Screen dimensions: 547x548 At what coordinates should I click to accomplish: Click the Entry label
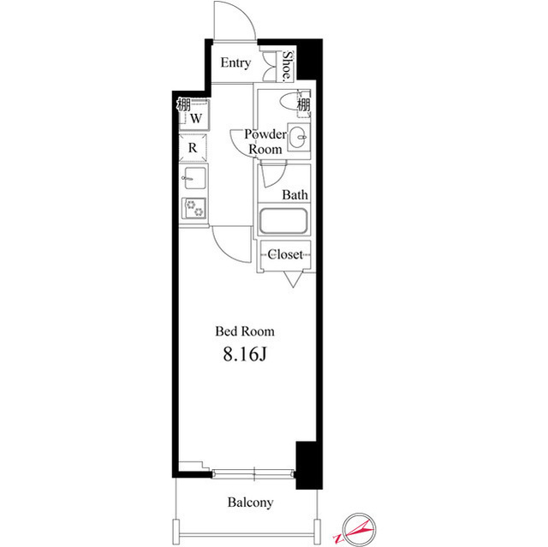pos(235,63)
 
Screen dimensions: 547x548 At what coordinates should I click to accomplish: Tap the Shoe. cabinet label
pos(289,66)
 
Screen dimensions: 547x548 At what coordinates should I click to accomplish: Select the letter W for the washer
pos(195,117)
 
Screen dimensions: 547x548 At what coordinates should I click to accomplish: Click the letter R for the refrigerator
pos(194,147)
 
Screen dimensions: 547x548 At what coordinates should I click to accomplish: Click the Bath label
pos(295,195)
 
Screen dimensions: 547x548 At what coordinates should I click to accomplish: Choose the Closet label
pos(285,254)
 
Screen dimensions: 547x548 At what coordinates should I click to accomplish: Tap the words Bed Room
pos(244,330)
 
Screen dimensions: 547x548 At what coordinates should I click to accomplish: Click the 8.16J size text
pos(244,354)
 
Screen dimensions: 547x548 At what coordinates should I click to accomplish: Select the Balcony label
pos(250,502)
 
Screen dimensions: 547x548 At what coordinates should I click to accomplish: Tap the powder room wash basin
pos(298,137)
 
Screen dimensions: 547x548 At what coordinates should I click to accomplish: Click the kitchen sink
pos(194,179)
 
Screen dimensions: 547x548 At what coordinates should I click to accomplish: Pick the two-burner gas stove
pos(194,209)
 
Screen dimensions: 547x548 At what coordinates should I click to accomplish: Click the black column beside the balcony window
pos(306,465)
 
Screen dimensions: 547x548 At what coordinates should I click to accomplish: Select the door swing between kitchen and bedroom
pos(229,244)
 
